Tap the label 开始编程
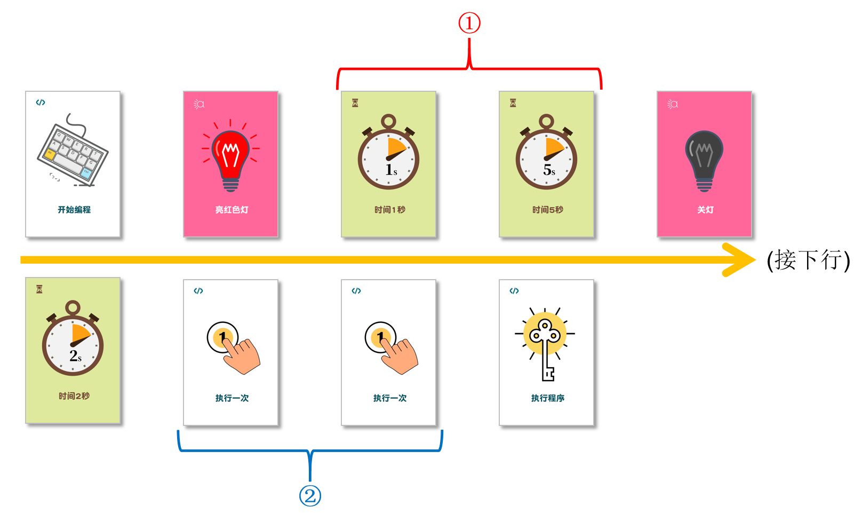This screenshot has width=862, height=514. click(74, 210)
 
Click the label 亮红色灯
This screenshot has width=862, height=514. click(232, 210)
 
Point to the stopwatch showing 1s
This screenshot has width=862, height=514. click(389, 152)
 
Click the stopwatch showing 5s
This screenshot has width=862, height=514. click(546, 152)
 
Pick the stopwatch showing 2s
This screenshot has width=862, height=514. click(73, 338)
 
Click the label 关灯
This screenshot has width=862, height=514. click(705, 210)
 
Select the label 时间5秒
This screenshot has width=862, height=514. click(548, 210)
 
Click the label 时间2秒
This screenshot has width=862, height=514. click(74, 396)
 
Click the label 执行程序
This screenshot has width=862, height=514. click(548, 398)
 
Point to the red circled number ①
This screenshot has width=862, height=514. click(469, 23)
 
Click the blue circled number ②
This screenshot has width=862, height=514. click(310, 495)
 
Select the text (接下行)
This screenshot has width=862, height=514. click(808, 260)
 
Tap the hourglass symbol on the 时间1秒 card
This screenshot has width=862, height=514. click(355, 103)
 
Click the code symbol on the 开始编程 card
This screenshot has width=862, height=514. click(41, 102)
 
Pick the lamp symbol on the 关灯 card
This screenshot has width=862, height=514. click(673, 104)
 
